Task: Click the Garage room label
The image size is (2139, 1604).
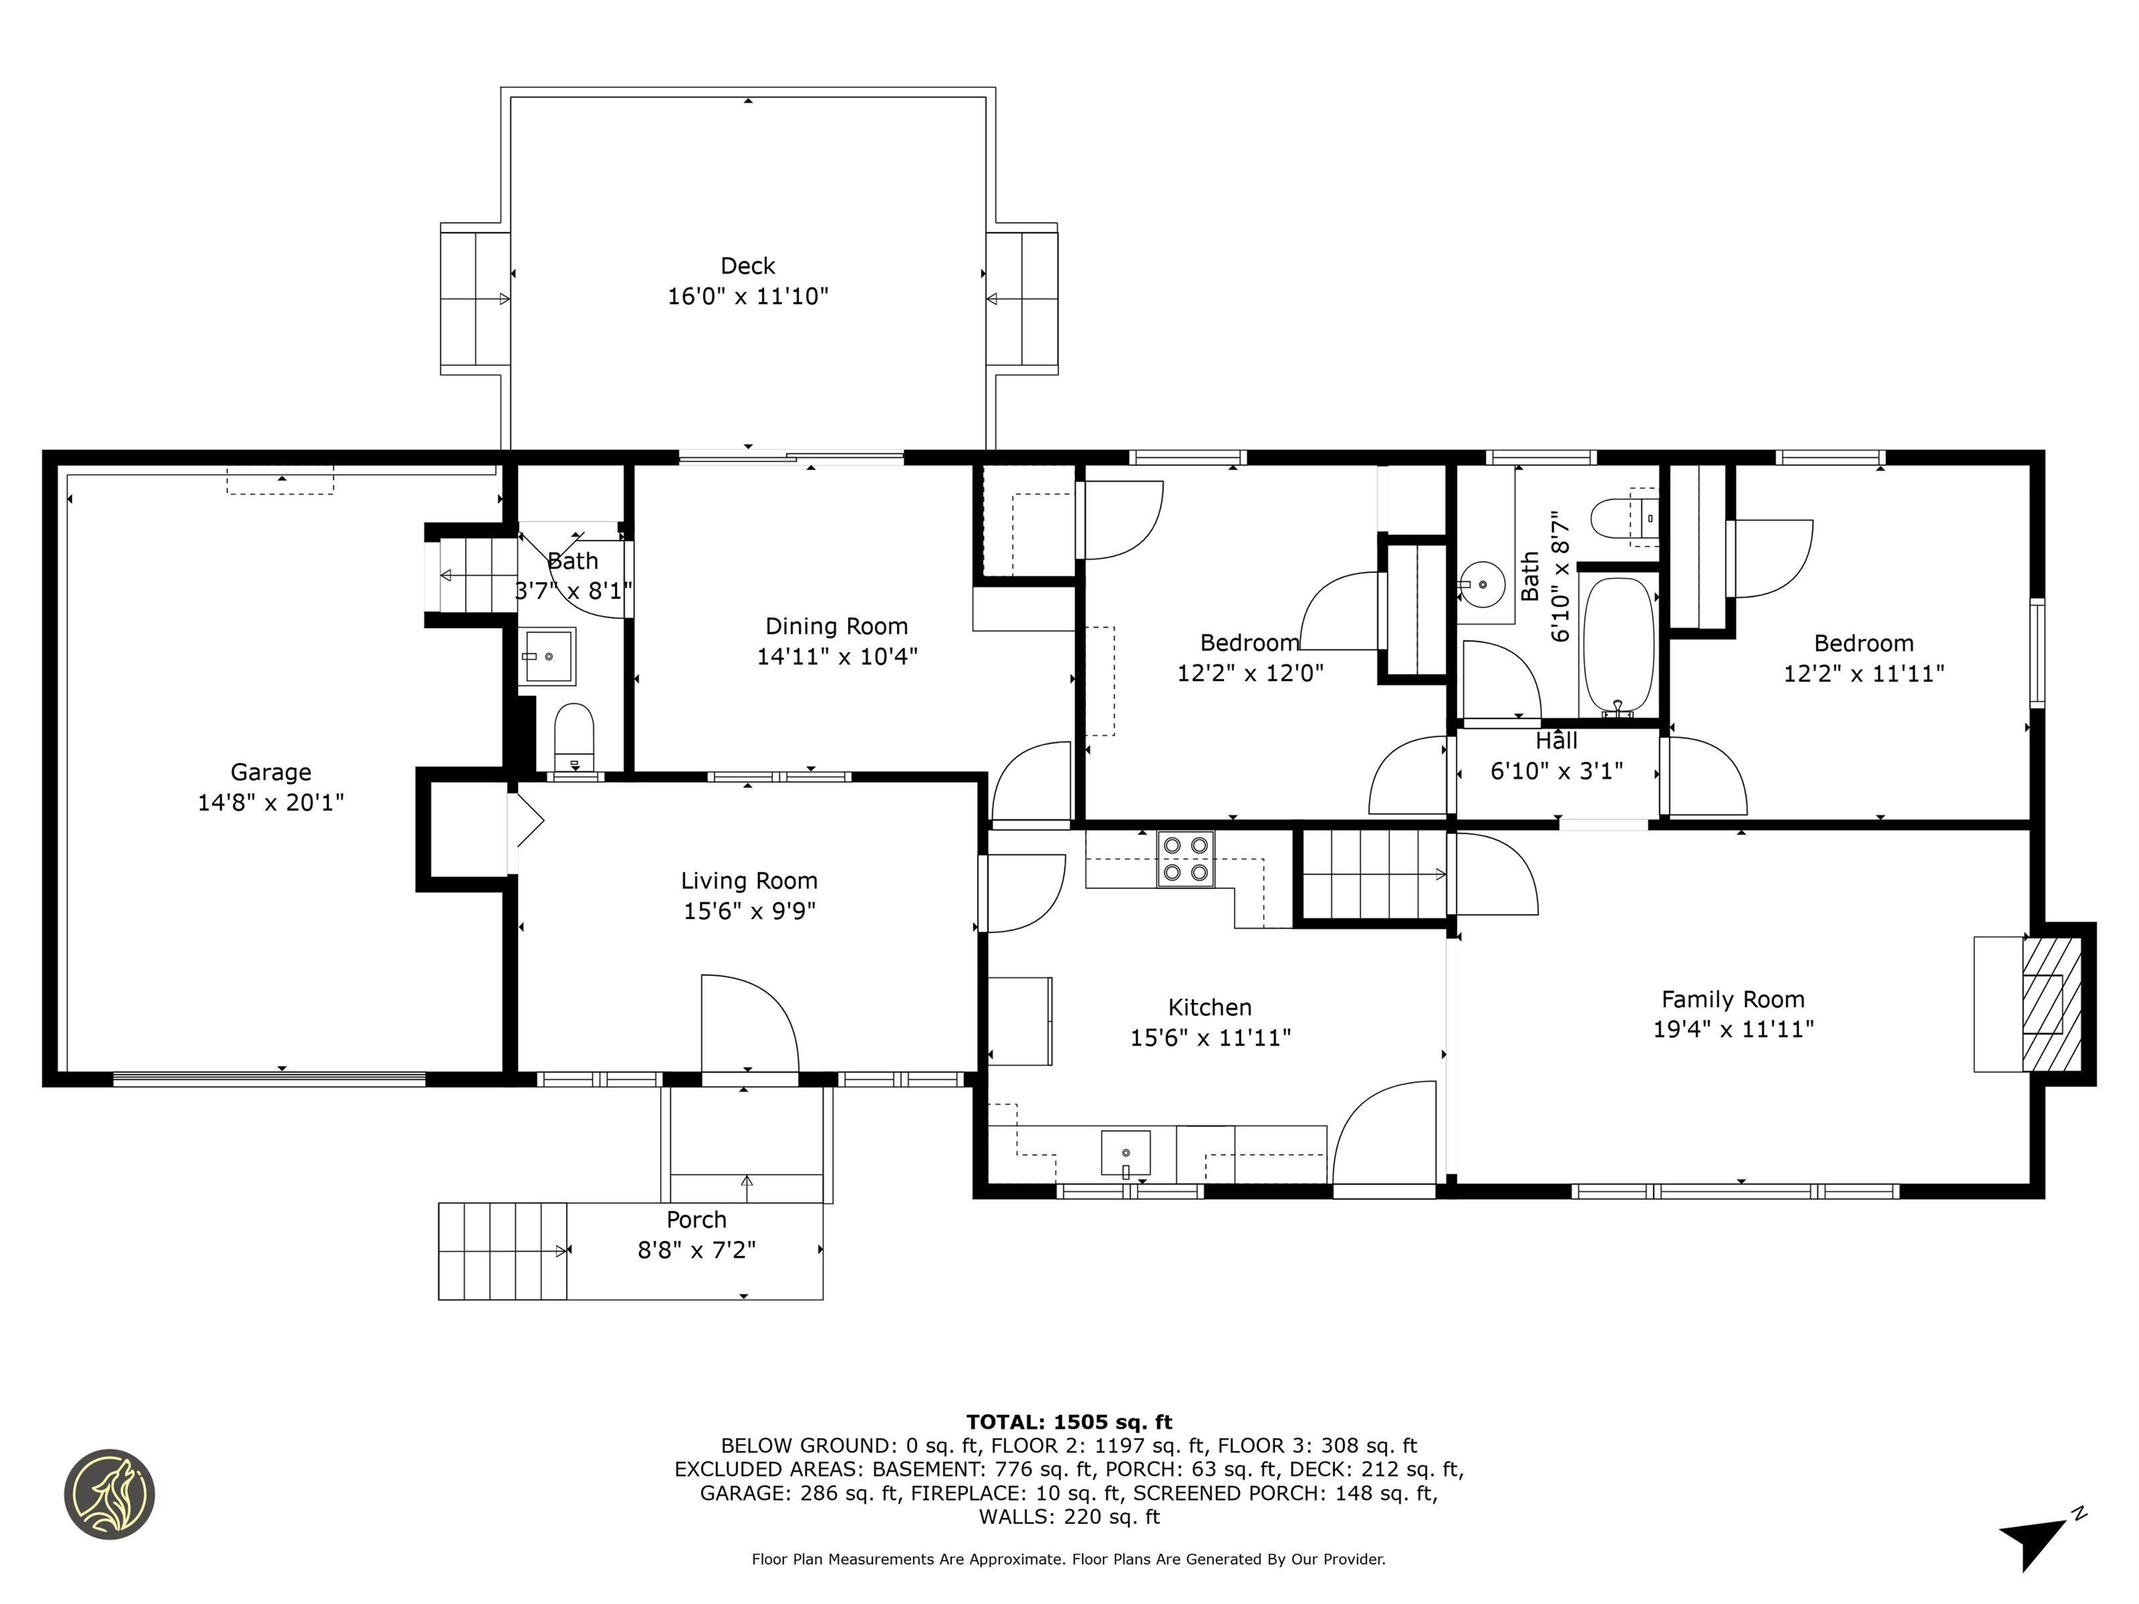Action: pos(271,771)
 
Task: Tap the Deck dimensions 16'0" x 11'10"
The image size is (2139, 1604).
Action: pos(748,296)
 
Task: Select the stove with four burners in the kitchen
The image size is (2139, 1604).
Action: pos(1186,858)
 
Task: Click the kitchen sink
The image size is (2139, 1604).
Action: pos(1126,1152)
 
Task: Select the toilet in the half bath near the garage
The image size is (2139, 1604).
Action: pos(574,734)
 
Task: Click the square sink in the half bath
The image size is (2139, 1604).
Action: pos(547,656)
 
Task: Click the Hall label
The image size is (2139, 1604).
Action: pos(1556,741)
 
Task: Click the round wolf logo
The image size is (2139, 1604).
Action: pos(109,1494)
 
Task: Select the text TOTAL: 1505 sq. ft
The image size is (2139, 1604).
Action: pos(1069,1422)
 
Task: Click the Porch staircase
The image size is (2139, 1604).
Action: pos(502,1250)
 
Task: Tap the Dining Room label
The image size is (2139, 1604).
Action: pos(836,626)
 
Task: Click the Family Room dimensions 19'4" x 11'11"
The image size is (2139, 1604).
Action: pos(1733,1029)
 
